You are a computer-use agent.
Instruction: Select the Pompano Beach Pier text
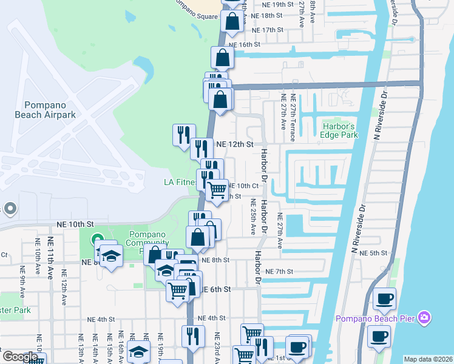(x=376, y=318)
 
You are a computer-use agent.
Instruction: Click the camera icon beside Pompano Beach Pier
(x=424, y=318)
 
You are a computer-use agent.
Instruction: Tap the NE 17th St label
(x=267, y=30)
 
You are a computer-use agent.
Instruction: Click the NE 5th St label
(x=373, y=253)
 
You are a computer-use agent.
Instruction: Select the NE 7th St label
(x=279, y=271)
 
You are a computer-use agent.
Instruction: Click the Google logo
(x=19, y=357)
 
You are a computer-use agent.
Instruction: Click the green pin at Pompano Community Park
(x=96, y=241)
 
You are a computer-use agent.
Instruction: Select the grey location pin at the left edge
(x=9, y=209)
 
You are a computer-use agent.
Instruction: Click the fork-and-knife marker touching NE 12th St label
(x=202, y=148)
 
